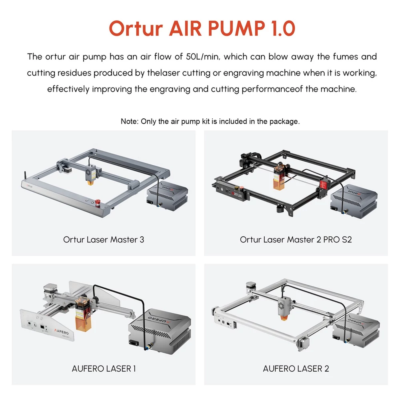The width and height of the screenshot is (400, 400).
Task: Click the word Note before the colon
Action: click(x=129, y=121)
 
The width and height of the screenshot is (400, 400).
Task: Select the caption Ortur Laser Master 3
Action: click(x=104, y=240)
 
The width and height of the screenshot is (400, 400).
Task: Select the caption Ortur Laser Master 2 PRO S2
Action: click(x=296, y=240)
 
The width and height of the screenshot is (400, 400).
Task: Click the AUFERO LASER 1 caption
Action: click(x=104, y=368)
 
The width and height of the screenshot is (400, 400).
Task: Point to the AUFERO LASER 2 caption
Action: click(x=296, y=368)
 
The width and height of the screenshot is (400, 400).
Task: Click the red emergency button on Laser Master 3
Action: click(x=98, y=202)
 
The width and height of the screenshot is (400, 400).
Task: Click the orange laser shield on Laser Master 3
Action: click(x=90, y=182)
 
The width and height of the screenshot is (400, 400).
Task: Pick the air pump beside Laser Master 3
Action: click(x=167, y=197)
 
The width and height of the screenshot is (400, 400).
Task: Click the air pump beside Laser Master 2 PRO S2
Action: click(x=354, y=198)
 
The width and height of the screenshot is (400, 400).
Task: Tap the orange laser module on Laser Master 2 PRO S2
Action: click(x=278, y=178)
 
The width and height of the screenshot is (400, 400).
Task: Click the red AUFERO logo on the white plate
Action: click(x=61, y=332)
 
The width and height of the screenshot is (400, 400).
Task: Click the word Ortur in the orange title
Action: click(x=136, y=28)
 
